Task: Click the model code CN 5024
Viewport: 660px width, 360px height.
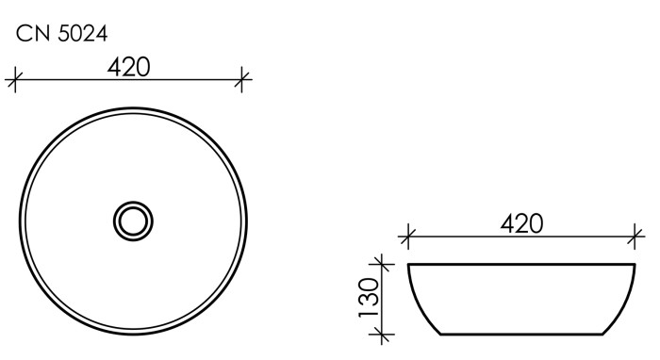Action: click(x=61, y=34)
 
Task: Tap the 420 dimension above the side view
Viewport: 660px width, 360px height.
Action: click(x=521, y=223)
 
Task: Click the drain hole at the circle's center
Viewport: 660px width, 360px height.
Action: click(x=132, y=221)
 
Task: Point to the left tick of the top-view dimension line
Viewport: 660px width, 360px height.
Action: click(x=13, y=81)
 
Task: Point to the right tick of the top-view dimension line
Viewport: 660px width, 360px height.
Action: click(x=244, y=81)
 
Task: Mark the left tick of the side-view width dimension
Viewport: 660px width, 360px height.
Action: click(x=407, y=237)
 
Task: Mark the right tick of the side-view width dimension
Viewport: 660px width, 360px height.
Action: click(x=637, y=237)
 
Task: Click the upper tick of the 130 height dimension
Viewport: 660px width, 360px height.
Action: click(x=381, y=264)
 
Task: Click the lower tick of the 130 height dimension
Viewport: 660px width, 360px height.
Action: click(x=381, y=334)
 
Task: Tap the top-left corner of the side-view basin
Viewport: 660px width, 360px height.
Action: click(x=408, y=265)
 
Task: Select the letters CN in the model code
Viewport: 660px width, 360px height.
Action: click(x=31, y=34)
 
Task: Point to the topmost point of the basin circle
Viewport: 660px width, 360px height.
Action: click(x=132, y=109)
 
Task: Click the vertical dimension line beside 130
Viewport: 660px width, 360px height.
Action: click(x=381, y=299)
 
